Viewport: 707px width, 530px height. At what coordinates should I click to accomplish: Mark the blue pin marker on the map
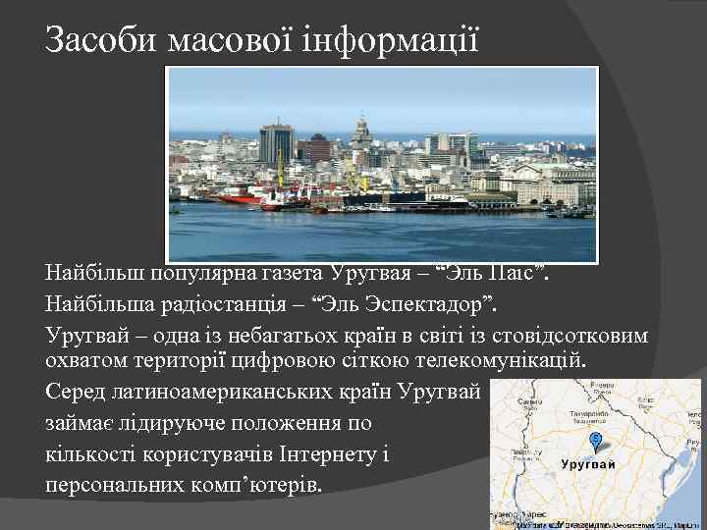595,438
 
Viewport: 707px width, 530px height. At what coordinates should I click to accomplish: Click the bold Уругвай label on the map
589,463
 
